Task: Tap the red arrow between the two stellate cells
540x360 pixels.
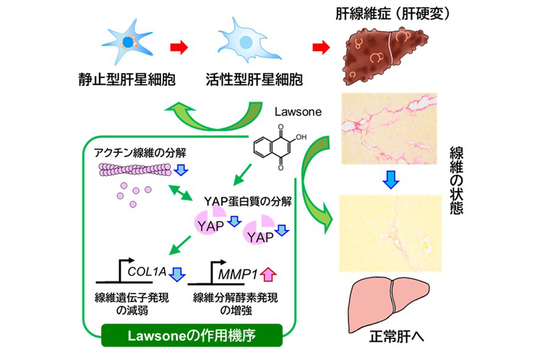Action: [x=179, y=47]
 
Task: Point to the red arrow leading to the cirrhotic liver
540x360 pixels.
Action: [x=321, y=47]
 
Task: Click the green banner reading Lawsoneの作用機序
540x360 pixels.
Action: [x=192, y=335]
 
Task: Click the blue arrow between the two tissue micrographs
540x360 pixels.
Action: [x=389, y=180]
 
